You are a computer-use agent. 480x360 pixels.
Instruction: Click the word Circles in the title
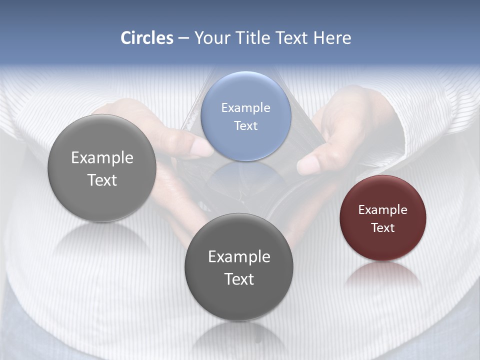[x=146, y=38]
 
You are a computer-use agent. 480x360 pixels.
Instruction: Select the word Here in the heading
[x=332, y=38]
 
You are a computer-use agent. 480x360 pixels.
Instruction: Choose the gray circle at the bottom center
[x=238, y=300]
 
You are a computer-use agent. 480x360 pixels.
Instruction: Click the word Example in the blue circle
[x=245, y=108]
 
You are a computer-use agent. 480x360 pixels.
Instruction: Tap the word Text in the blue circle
[x=245, y=126]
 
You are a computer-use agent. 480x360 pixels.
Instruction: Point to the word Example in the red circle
[x=382, y=210]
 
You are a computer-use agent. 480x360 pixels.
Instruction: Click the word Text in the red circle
[x=382, y=228]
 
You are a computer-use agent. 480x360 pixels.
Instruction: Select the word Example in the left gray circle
[x=102, y=158]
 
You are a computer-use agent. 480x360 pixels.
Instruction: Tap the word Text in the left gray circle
[x=102, y=180]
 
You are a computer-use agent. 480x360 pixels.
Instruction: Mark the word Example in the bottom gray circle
[x=239, y=257]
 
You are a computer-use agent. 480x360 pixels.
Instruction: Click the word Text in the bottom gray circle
[x=239, y=279]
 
